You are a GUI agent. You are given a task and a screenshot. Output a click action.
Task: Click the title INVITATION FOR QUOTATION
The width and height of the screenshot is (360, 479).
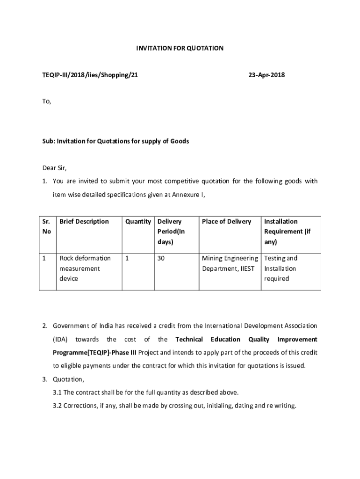(x=180, y=48)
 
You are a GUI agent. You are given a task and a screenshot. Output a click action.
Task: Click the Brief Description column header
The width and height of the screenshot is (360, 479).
(x=84, y=221)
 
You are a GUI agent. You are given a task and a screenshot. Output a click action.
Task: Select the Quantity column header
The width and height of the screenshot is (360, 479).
(x=138, y=221)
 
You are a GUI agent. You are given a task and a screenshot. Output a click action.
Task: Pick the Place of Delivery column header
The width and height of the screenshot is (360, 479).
(x=226, y=221)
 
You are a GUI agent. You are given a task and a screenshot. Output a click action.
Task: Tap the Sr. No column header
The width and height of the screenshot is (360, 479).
(x=47, y=226)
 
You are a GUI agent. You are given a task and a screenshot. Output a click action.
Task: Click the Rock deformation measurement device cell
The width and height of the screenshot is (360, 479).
(x=85, y=269)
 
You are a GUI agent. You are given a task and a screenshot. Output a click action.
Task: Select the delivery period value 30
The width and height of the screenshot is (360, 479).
(x=161, y=258)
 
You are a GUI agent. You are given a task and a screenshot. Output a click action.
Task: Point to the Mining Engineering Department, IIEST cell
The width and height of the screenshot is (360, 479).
(x=230, y=263)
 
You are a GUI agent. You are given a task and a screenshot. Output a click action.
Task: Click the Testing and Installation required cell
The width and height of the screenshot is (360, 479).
(x=281, y=269)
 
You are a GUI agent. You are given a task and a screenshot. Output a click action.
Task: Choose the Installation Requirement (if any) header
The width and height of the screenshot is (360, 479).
(x=287, y=232)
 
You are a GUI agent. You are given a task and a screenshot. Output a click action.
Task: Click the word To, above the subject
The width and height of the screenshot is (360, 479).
(x=47, y=101)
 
